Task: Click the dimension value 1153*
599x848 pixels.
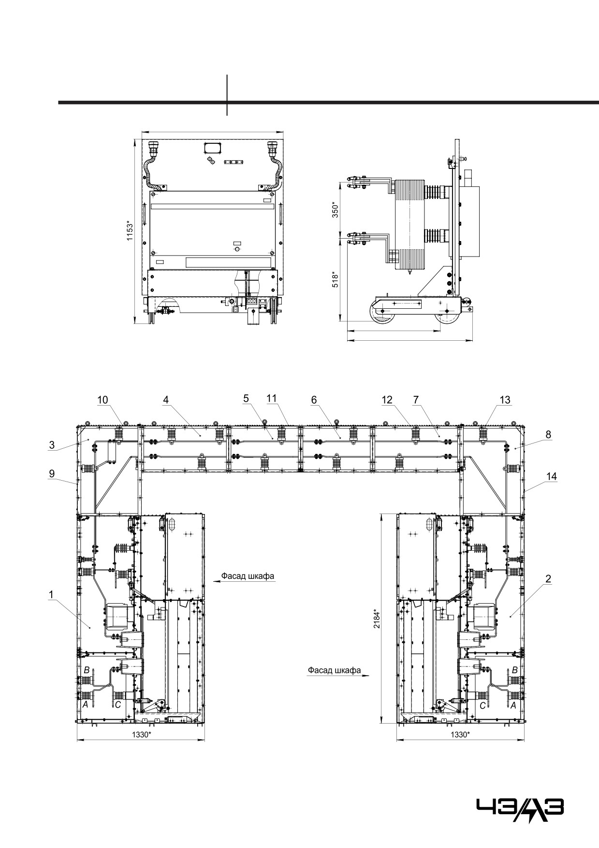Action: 129,233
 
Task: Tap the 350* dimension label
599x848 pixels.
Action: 335,210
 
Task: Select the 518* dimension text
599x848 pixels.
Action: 335,279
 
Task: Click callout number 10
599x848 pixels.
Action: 102,400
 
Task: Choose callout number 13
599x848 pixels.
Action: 505,400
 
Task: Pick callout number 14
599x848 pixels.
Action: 552,476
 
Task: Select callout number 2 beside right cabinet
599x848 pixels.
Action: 548,579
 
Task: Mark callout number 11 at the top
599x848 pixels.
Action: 272,398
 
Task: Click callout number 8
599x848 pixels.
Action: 548,435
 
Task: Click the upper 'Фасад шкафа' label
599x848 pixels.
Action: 248,576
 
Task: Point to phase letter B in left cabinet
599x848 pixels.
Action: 87,670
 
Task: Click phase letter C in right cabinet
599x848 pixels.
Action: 482,706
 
